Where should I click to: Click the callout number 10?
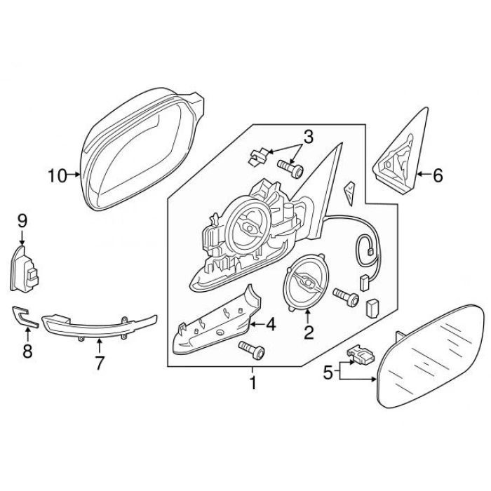tap(58, 175)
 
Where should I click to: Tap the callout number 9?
tap(22, 221)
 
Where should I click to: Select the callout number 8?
tap(27, 351)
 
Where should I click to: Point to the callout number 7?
tap(99, 363)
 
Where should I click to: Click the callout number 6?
tap(438, 175)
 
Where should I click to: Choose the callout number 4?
tap(271, 324)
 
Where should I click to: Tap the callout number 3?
tap(308, 137)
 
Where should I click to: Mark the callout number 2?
tap(309, 332)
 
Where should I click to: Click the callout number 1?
tap(253, 383)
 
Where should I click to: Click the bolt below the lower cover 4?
tap(252, 350)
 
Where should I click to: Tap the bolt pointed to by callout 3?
tap(290, 168)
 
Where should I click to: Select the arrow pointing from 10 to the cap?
tap(74, 175)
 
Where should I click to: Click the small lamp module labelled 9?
tap(24, 269)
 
